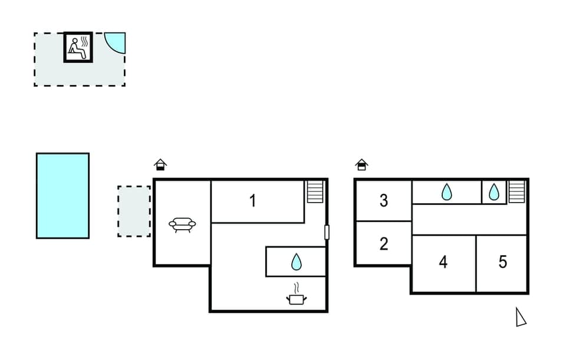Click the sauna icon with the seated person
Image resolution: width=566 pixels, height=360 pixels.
78,47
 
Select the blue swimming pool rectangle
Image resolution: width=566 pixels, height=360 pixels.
62,196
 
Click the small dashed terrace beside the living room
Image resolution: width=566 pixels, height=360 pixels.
134,211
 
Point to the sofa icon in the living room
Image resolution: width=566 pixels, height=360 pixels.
182,224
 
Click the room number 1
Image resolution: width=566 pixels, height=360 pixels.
253,201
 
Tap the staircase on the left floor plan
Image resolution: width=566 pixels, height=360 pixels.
315,191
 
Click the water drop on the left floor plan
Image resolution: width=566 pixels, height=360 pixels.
296,262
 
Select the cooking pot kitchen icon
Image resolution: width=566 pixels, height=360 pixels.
297,296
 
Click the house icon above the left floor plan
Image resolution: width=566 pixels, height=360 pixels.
160,165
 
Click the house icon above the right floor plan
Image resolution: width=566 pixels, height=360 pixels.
362,165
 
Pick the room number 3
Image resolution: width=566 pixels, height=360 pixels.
384,201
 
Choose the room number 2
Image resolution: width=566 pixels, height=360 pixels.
384,244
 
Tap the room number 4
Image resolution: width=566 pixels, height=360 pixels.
443,262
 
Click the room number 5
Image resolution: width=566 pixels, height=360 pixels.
502,262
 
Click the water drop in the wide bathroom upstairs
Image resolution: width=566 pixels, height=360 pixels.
447,191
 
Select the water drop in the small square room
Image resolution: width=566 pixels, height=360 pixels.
494,191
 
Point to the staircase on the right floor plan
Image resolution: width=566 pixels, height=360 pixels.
517,191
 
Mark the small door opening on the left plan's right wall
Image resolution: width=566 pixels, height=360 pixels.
327,232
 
